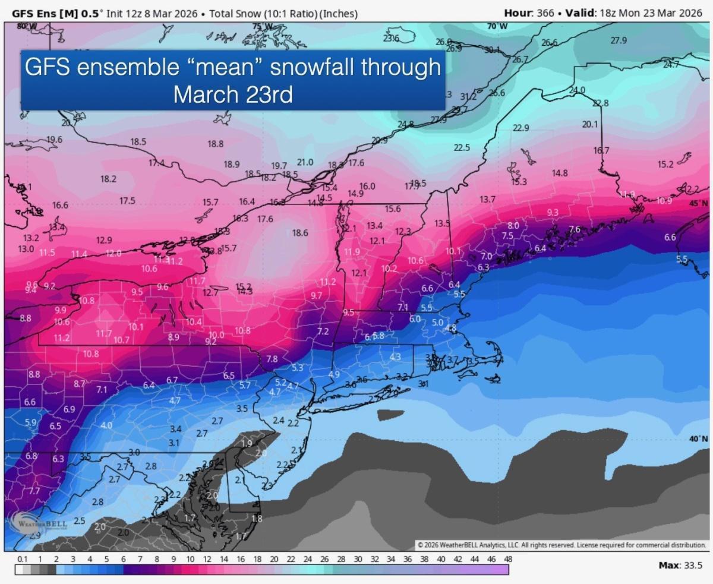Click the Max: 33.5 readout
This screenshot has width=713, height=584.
coord(683,565)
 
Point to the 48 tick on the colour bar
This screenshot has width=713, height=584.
coord(508,559)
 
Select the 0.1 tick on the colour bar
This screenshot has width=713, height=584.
coord(23,559)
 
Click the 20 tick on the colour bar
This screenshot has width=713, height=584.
coord(274,559)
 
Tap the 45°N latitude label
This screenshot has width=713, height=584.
coord(699,203)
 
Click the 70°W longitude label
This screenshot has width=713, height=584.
coord(497,26)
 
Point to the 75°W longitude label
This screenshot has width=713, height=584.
coord(261,26)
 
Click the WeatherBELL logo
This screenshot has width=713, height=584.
coord(40,522)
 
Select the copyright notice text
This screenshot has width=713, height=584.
coord(561,545)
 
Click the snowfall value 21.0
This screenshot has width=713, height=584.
coord(305,162)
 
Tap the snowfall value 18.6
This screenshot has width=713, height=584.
coord(300,233)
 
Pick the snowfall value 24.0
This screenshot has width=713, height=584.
coord(577,90)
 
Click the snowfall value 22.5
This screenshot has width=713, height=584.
coord(462,147)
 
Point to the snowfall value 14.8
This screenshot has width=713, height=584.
coord(560,173)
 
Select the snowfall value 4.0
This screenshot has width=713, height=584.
coord(106,425)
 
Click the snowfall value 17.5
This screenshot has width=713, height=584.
coord(127,201)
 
